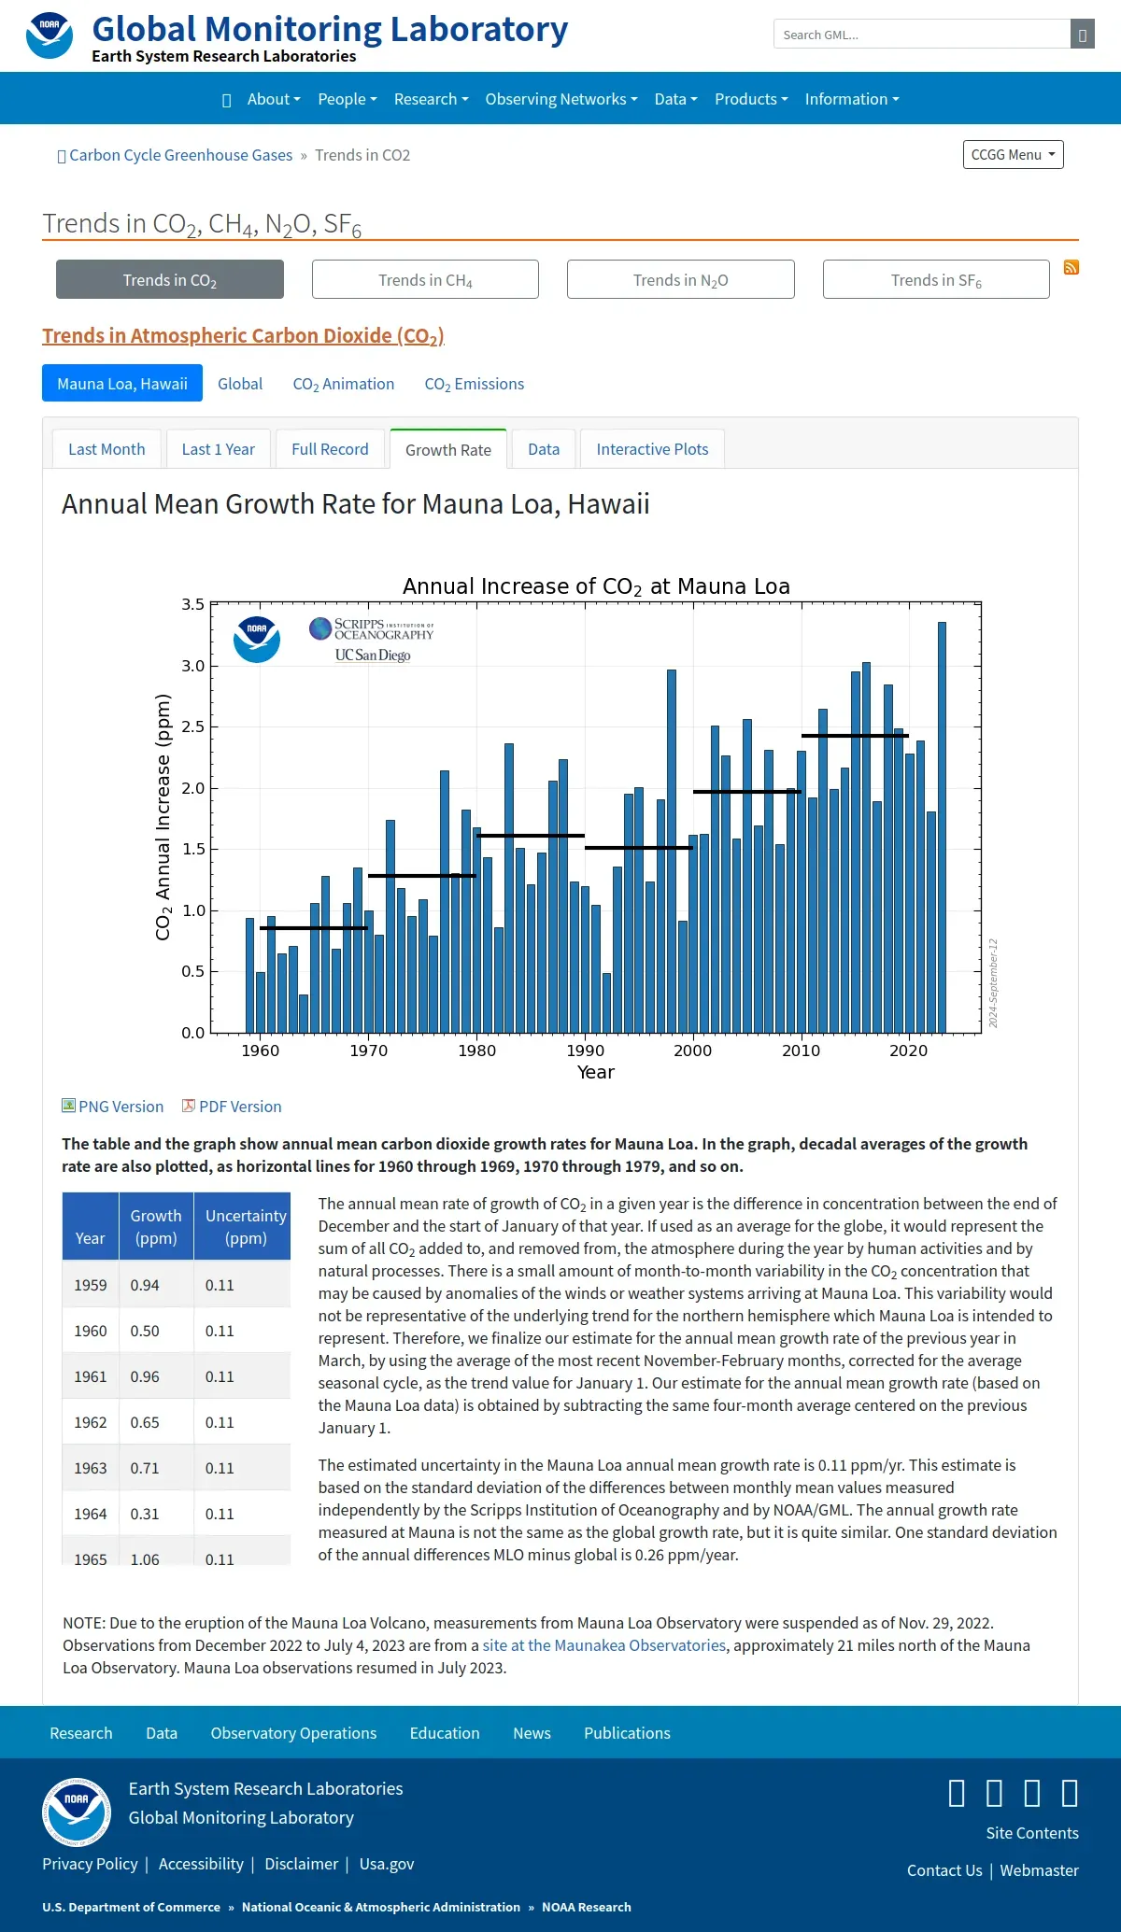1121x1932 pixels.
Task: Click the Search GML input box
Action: click(922, 35)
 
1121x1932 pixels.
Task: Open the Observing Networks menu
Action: click(561, 99)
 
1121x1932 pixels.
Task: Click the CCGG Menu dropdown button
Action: click(1014, 155)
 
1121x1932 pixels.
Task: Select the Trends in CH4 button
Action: click(425, 280)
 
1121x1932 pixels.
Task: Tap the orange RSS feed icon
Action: click(1071, 268)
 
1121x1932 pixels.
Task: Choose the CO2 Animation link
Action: click(344, 384)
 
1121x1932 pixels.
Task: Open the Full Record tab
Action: click(330, 449)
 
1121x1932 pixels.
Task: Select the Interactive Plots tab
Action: click(652, 449)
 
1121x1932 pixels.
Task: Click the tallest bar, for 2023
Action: click(942, 827)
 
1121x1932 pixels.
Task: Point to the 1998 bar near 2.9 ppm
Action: click(672, 851)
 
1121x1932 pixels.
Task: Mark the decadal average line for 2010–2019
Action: click(855, 736)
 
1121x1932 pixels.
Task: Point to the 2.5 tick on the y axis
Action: click(192, 726)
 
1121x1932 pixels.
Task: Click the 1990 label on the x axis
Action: click(586, 1051)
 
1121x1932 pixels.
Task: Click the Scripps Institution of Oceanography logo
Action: click(372, 640)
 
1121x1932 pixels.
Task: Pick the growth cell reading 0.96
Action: click(145, 1376)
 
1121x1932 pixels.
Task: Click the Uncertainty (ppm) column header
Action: click(246, 1227)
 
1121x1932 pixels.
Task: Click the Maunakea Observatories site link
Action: click(603, 1645)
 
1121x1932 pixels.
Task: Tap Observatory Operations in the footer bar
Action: click(293, 1733)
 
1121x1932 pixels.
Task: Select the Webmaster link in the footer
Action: click(1039, 1870)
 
